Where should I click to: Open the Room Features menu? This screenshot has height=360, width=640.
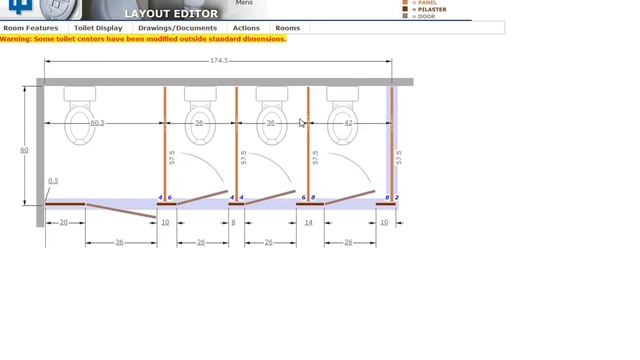pos(31,28)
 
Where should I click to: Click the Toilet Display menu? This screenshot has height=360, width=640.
pos(98,28)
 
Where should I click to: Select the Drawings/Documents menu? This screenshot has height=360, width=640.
pos(177,28)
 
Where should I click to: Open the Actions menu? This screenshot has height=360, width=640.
pos(246,28)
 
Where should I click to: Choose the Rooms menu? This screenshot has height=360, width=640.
pos(287,28)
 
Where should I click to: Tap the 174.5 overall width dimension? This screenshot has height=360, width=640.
pos(219,62)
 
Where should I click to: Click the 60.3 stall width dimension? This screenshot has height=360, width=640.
pos(97,123)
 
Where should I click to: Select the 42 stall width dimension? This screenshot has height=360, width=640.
pos(348,123)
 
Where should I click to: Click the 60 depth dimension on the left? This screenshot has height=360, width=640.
pos(24,150)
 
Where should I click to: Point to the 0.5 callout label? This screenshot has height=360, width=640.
pos(53,181)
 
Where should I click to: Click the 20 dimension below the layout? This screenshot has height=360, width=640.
pos(64,222)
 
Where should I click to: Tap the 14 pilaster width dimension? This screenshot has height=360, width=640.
pos(309,222)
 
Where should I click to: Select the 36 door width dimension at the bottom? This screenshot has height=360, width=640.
pos(120,242)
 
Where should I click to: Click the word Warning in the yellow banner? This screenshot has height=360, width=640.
pos(17,39)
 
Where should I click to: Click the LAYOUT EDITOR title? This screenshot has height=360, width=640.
pos(171,14)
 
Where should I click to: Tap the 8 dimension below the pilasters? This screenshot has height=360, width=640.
pos(234,222)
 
